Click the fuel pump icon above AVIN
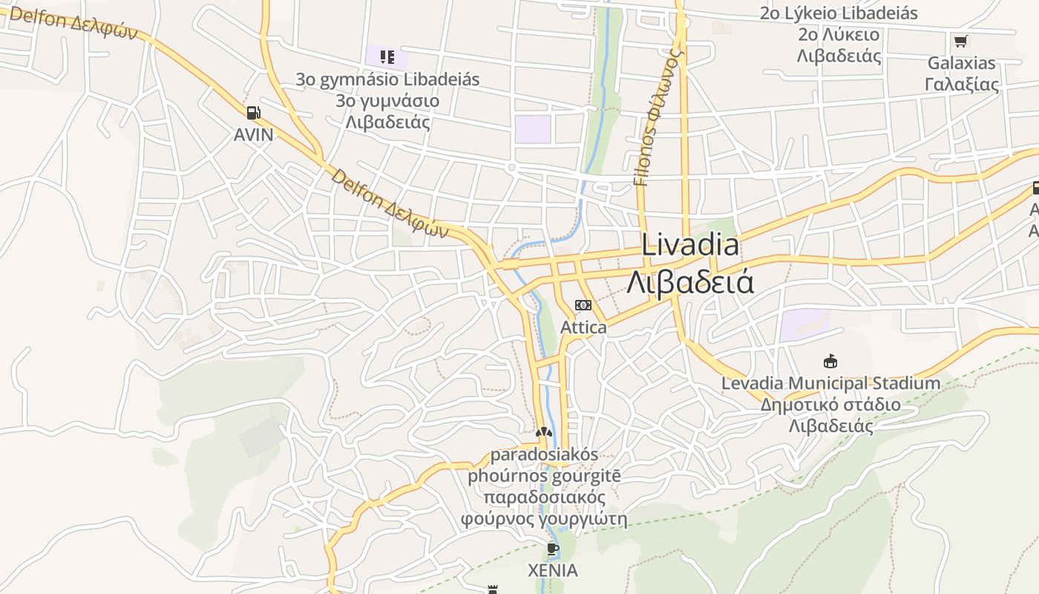coord(253,113)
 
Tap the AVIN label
coord(253,135)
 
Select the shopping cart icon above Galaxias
coord(961,41)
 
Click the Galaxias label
coord(961,63)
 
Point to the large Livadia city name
coord(690,245)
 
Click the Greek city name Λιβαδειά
coord(690,282)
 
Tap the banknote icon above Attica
coord(583,305)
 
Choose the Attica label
coord(583,327)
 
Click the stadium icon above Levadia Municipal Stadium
coord(830,362)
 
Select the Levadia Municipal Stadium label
coord(830,384)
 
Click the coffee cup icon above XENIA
coord(552,549)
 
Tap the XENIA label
coord(552,571)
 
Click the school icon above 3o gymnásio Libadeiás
coord(387,56)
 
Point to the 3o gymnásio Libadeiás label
coord(387,79)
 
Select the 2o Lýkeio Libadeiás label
coord(839,13)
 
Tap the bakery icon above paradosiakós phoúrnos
coord(544,431)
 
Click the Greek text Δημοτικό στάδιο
coord(830,405)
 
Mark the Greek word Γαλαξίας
coord(962,84)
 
